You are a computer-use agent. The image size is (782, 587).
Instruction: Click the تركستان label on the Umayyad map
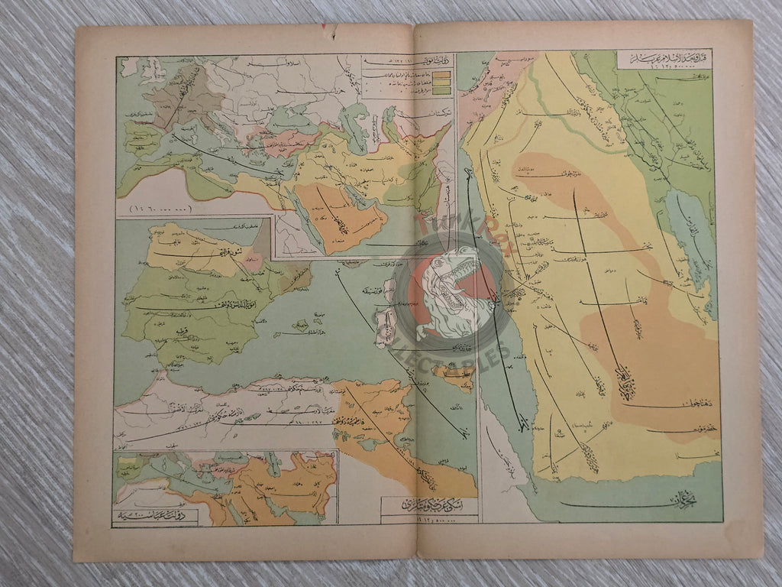tap(416, 114)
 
